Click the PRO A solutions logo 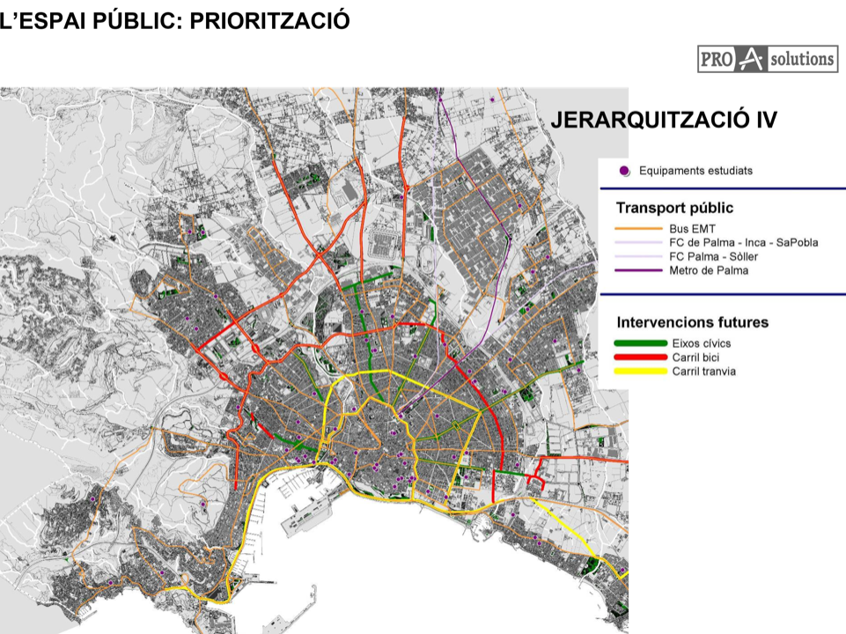click(768, 59)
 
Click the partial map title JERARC click(588, 121)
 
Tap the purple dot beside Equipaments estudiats click(624, 171)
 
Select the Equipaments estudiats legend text click(695, 171)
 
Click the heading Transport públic click(674, 209)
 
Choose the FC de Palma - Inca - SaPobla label click(743, 242)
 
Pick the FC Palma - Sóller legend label click(713, 256)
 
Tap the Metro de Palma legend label click(709, 270)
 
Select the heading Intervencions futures click(692, 322)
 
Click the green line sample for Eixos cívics click(639, 343)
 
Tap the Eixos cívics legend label click(701, 343)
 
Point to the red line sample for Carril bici click(639, 357)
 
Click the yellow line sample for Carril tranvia click(639, 371)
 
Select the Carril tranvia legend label click(703, 371)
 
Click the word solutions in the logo click(801, 59)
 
